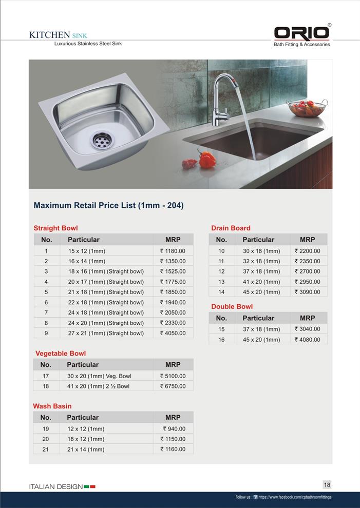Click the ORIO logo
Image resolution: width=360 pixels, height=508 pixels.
[301, 33]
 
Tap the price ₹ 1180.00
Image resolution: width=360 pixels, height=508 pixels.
[173, 251]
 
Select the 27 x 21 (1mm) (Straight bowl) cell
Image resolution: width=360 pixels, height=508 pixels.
[106, 333]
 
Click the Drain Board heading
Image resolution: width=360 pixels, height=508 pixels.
[231, 228]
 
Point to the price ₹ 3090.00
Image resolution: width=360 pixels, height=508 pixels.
[307, 292]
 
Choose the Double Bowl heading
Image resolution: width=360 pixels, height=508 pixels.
[232, 306]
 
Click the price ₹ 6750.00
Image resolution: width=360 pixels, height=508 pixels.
[173, 386]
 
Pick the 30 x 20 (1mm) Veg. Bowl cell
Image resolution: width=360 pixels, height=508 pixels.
[99, 376]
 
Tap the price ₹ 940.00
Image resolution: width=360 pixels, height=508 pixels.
[174, 428]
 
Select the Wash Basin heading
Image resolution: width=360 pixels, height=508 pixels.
[52, 406]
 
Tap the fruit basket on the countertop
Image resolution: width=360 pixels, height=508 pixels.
[307, 108]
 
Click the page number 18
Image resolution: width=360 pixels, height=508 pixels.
[327, 484]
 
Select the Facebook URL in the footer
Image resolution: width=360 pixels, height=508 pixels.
[294, 497]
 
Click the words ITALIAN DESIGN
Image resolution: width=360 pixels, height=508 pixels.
[55, 486]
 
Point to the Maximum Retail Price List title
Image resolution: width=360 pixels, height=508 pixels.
[108, 205]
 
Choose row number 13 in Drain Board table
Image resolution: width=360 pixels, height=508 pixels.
[221, 282]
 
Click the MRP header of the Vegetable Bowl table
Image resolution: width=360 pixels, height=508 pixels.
[173, 365]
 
